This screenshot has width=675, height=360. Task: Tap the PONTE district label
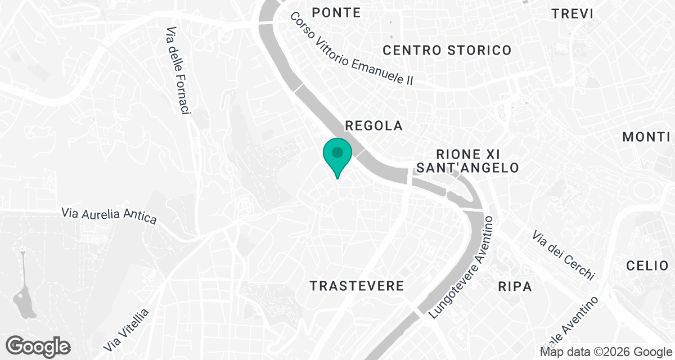point(336,12)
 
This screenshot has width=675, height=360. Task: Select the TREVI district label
point(573,13)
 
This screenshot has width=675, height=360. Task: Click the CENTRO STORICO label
point(447,50)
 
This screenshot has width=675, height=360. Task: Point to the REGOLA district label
point(374,125)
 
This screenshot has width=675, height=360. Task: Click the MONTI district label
point(646,137)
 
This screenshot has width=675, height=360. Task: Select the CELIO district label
point(648,265)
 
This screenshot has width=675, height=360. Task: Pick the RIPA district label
point(515,286)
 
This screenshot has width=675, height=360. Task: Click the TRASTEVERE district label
point(357,286)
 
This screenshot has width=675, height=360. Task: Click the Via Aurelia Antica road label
point(109,215)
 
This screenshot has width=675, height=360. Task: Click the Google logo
point(38,345)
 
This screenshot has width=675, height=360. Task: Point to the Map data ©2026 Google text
point(606,352)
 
